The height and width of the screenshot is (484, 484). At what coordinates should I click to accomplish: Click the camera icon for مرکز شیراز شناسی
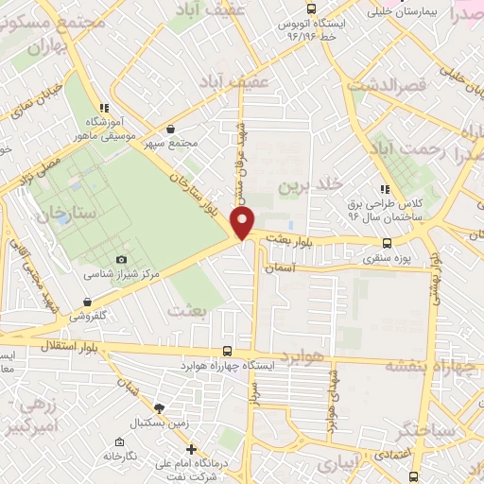tap(120, 260)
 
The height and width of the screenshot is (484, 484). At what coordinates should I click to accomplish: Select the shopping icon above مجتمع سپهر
tap(170, 129)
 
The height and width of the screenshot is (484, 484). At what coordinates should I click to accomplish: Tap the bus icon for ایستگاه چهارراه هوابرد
tap(226, 351)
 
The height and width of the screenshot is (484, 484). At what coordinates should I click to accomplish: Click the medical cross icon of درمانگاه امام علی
tap(191, 449)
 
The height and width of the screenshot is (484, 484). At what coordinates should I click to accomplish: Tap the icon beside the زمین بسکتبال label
tap(159, 407)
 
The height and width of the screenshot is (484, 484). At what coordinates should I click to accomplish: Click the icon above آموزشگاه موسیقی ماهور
tap(104, 108)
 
